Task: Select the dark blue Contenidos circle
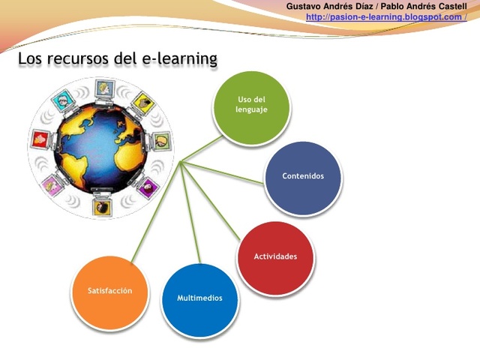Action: tap(303, 176)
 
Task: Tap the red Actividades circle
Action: tap(275, 256)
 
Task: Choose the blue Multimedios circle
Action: tap(199, 298)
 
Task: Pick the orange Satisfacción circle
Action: tap(109, 290)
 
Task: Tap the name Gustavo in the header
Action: tap(304, 6)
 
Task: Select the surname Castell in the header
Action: tap(447, 6)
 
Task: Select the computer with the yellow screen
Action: tap(142, 102)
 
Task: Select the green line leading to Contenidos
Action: tap(225, 171)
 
